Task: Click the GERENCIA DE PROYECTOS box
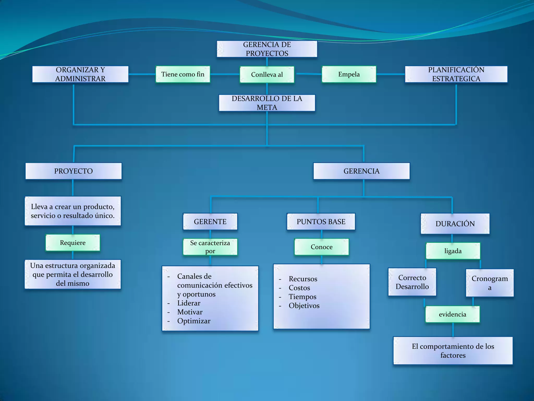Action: click(267, 49)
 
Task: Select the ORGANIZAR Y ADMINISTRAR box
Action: click(80, 74)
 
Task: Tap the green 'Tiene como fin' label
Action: click(183, 74)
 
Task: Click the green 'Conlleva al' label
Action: click(267, 75)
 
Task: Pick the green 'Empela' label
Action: click(349, 74)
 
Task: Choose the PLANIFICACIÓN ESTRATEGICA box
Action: click(456, 74)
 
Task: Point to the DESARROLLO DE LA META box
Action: click(267, 103)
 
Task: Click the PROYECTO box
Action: click(74, 171)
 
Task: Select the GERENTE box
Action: click(210, 222)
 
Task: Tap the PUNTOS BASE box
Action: click(321, 222)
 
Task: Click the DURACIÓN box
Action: click(455, 224)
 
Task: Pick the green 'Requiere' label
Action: click(73, 243)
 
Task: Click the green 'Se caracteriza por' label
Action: click(210, 247)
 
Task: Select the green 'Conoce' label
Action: click(321, 247)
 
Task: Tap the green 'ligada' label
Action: click(453, 251)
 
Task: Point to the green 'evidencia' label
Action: click(452, 314)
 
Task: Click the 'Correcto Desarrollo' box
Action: click(412, 282)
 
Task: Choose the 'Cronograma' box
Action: click(490, 283)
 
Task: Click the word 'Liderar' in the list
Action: click(189, 303)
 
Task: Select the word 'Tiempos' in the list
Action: click(302, 297)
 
